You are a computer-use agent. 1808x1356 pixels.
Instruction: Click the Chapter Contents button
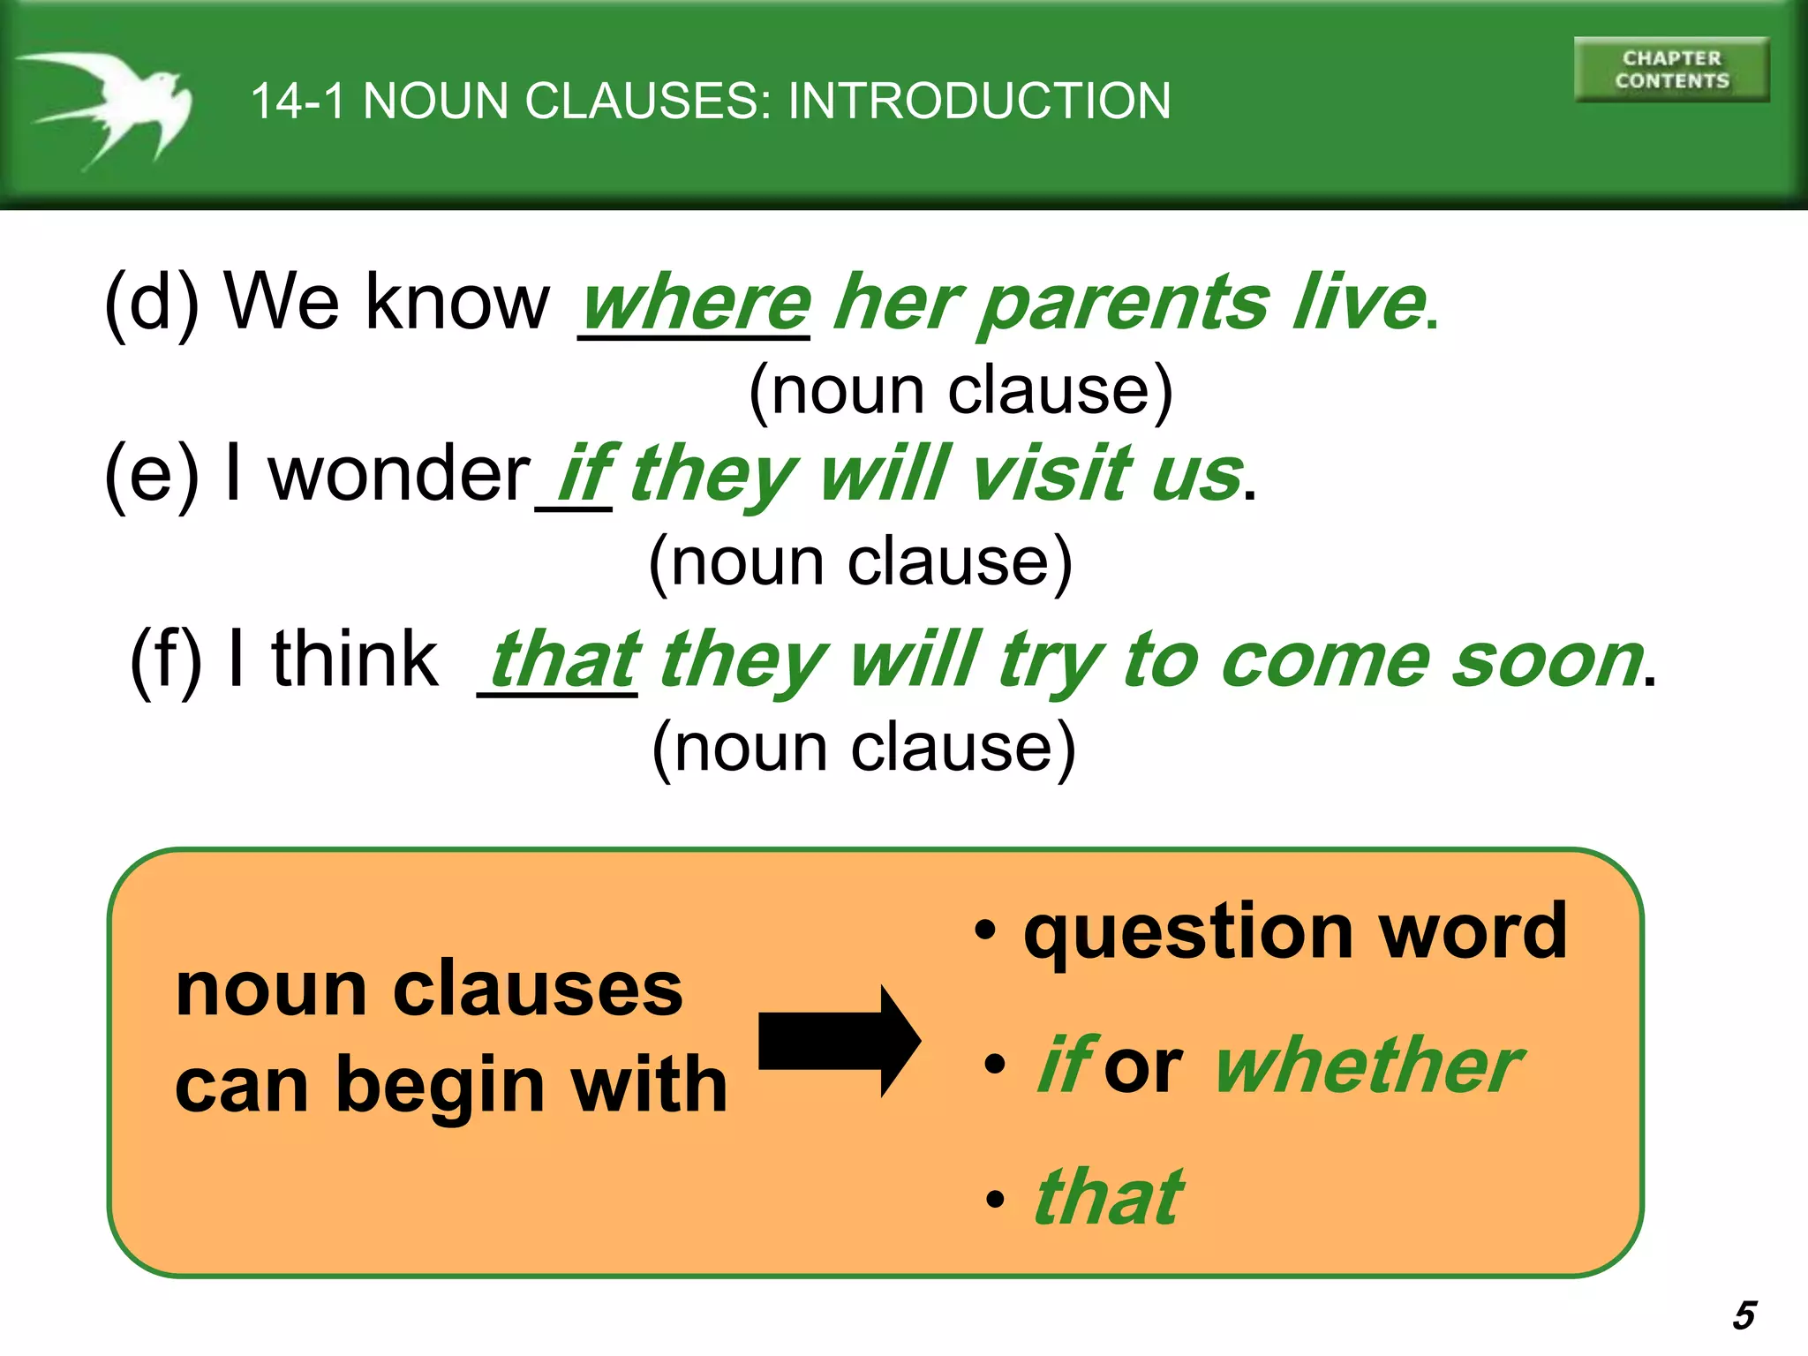1671,70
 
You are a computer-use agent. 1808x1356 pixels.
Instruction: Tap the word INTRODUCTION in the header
979,101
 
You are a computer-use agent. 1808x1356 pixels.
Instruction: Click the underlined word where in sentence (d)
696,303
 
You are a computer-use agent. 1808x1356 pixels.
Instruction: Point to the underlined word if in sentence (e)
584,474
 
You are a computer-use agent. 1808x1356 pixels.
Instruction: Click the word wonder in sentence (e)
400,474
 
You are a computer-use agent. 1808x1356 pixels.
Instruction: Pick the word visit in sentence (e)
1051,474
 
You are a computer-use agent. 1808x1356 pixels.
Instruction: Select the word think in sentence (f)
354,659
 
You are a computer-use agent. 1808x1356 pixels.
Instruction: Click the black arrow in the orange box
839,1042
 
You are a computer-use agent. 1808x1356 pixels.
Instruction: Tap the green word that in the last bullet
1109,1198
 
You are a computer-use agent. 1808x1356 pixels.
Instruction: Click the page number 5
1744,1315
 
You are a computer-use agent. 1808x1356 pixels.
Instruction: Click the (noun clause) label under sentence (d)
960,390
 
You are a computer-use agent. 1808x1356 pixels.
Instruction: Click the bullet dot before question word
985,931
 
